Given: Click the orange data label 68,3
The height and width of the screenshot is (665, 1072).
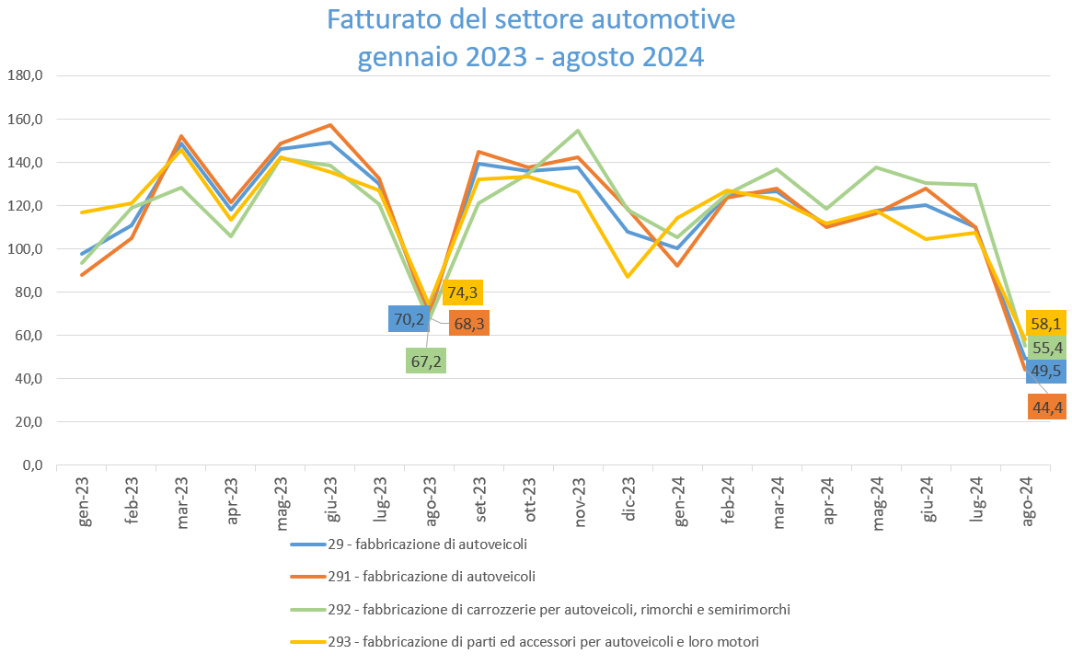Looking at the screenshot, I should [x=468, y=324].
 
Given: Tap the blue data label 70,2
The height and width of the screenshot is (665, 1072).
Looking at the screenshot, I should [x=409, y=319].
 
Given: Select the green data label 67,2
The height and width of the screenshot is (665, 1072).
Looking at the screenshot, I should [x=426, y=361].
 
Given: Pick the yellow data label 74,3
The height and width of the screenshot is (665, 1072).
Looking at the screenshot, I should [x=463, y=292].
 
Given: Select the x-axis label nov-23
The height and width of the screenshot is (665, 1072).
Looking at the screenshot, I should [x=581, y=502].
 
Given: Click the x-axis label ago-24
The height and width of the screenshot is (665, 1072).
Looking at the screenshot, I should [x=1026, y=502].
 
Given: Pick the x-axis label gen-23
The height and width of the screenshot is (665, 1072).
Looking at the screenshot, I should [x=84, y=502].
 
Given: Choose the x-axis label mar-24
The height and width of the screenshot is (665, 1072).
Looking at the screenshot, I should [x=778, y=502].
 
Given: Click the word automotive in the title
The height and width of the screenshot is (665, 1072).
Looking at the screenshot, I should [x=651, y=19].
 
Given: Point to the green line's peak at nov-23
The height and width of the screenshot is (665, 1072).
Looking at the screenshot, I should [x=578, y=131].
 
